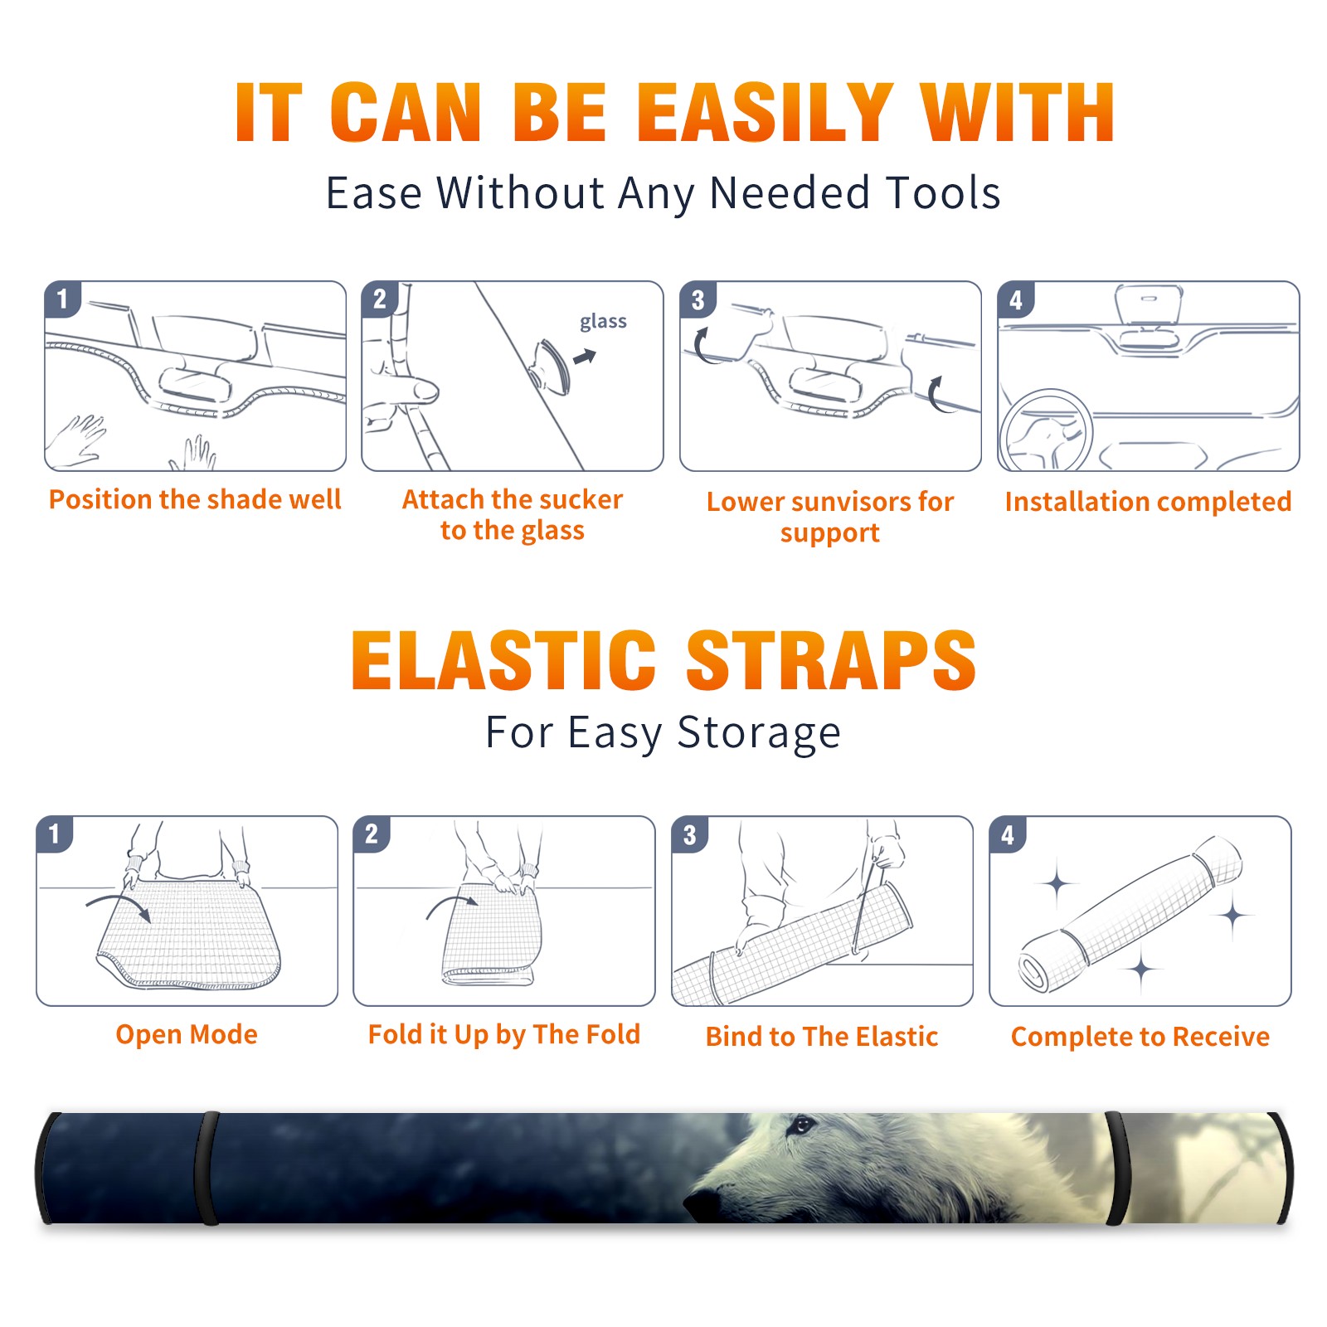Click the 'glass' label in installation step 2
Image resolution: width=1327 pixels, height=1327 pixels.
603,322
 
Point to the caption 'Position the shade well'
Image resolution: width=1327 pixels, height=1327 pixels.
195,499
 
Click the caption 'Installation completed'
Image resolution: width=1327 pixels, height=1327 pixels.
1148,501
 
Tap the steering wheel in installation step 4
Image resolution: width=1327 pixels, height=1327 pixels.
1045,431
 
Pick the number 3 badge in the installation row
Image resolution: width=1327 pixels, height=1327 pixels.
697,299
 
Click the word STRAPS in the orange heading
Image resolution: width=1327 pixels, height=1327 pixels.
831,660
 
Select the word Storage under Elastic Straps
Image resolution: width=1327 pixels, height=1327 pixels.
759,733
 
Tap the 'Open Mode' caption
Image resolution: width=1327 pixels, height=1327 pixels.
187,1034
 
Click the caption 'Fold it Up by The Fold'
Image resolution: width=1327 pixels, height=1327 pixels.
504,1035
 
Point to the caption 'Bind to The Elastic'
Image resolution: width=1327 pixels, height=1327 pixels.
822,1037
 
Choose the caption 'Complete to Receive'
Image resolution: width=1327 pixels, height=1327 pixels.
1140,1037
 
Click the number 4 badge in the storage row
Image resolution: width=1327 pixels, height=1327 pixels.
1008,834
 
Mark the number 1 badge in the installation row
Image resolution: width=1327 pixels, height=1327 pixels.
62,299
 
